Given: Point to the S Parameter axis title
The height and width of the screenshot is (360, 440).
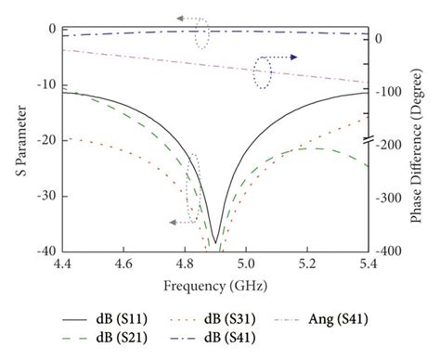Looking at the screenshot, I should point(16,140).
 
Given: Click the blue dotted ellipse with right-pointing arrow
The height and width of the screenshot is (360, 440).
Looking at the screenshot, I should point(264,71).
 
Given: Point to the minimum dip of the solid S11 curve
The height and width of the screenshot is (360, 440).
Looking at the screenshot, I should point(215,242).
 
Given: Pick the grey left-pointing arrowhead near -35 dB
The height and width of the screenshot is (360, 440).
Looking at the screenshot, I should point(173,222).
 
